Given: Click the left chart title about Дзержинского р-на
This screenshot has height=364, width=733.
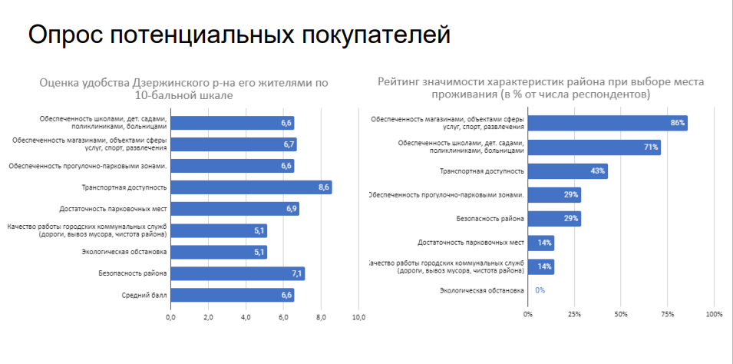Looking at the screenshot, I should (183, 88).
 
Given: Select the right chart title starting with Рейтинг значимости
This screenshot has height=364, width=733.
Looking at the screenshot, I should (541, 88).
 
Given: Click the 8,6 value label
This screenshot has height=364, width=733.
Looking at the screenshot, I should (324, 187).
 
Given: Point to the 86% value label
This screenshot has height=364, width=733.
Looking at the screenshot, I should (677, 123).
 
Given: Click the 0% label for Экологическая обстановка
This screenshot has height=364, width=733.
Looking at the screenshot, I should (540, 290).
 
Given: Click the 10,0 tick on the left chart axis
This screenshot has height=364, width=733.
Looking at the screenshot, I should (358, 316).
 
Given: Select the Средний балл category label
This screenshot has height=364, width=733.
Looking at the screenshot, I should (144, 295).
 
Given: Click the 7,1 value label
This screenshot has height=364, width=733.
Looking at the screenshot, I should (296, 273).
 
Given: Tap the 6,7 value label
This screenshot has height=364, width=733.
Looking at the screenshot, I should (289, 144).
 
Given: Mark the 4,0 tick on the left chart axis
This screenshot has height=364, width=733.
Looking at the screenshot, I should (246, 316).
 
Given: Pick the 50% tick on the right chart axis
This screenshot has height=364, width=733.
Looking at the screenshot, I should (621, 314).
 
